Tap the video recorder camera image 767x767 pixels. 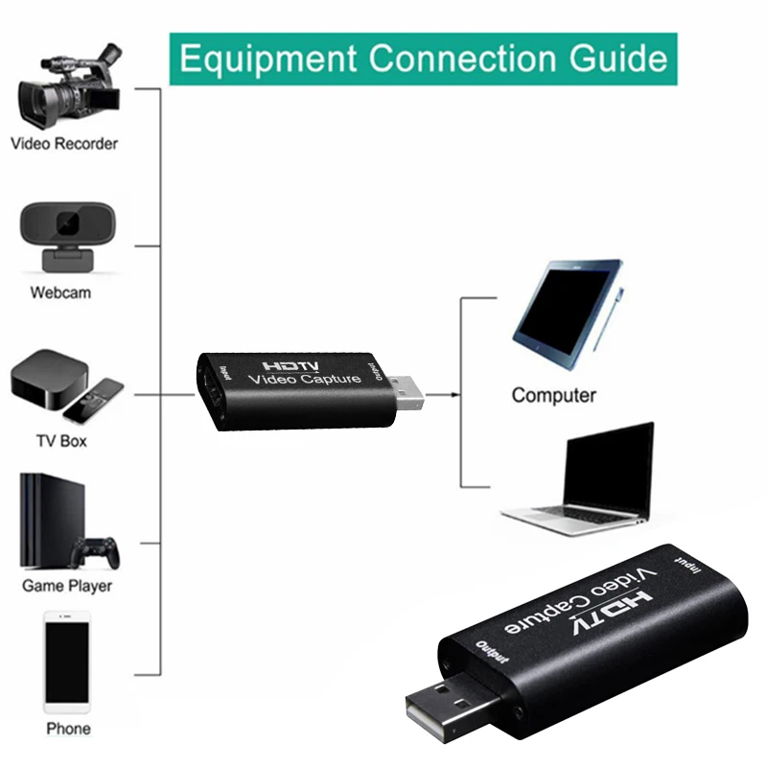click(x=67, y=88)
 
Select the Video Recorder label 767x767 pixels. click(x=64, y=144)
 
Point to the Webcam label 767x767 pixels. click(x=60, y=291)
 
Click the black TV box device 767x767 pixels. click(x=48, y=382)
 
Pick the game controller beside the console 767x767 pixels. click(x=96, y=552)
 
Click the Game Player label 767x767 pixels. click(x=67, y=585)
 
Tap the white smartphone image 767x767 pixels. click(x=67, y=662)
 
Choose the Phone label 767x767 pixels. click(x=68, y=729)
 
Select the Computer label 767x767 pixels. click(x=553, y=395)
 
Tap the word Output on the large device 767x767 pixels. click(x=493, y=652)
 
